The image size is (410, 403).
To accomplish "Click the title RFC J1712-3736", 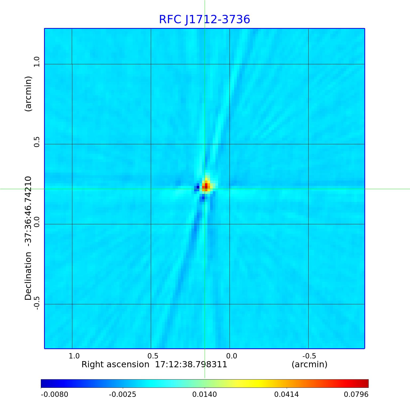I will tap(204, 19).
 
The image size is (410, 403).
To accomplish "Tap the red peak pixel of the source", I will tap(206, 186).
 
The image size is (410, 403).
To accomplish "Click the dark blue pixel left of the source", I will tap(198, 187).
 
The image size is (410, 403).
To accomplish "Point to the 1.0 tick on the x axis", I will tap(74, 356).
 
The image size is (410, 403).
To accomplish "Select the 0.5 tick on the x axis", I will tap(153, 356).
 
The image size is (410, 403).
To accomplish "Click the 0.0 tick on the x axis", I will tap(231, 356).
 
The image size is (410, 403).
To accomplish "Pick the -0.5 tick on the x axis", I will tap(309, 356).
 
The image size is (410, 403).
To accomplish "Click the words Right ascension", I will tap(115, 365).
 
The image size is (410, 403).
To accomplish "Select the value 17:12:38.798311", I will tap(191, 365).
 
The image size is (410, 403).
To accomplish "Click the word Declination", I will tap(28, 276).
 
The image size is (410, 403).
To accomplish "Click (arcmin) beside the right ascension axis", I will tap(309, 365).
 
